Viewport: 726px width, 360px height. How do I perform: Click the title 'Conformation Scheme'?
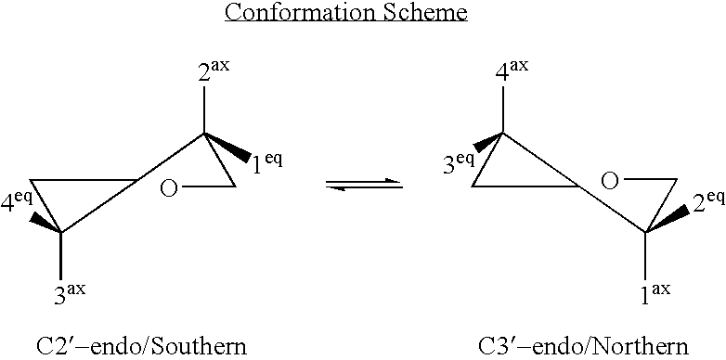363,14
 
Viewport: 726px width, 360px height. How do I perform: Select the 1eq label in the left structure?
267,162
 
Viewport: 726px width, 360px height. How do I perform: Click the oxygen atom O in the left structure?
169,190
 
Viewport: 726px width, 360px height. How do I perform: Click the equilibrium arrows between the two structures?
364,186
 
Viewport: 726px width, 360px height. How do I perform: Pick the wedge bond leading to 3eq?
488,143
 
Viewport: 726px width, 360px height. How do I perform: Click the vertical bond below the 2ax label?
204,112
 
